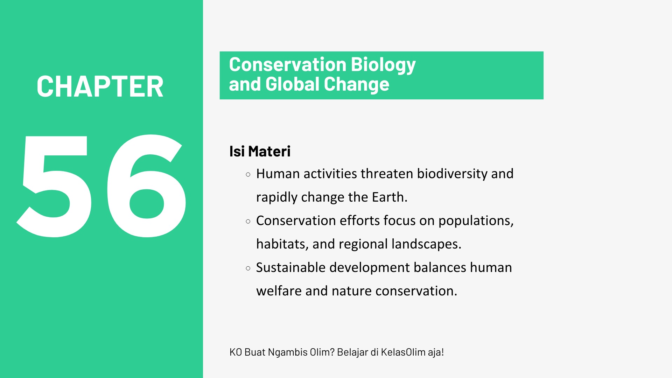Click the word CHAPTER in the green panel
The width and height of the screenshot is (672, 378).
[x=100, y=86]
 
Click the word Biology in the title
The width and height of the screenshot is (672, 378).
[x=383, y=65]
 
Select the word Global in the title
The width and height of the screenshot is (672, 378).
[x=292, y=84]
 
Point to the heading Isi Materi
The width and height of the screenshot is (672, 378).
[x=260, y=152]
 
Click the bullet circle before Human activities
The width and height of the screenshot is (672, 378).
[x=248, y=174]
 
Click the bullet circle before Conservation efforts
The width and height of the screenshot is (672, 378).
[x=248, y=221]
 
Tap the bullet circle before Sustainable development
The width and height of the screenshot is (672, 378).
[x=248, y=268]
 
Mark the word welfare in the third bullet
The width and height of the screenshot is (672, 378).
[x=279, y=291]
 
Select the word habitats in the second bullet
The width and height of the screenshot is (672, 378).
[x=282, y=244]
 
